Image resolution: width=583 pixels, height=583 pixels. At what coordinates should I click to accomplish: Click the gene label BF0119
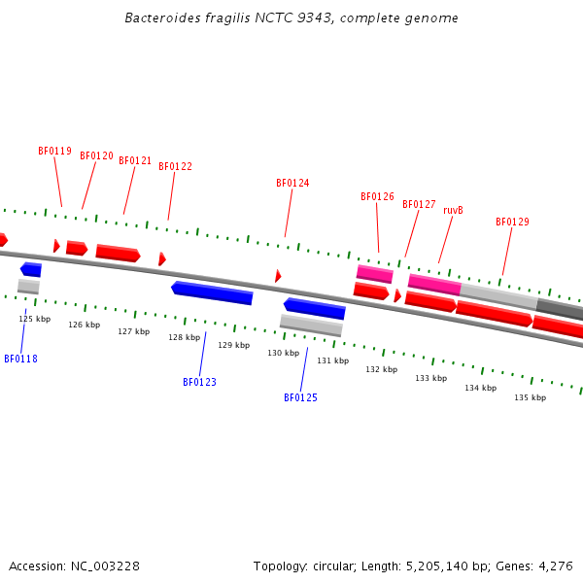54,151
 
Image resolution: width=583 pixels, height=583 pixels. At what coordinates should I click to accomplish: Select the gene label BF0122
175,166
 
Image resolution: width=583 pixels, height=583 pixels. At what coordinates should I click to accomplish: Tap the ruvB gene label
453,210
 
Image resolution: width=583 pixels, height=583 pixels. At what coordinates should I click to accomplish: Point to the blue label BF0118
20,359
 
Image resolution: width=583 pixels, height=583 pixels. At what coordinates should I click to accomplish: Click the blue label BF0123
199,382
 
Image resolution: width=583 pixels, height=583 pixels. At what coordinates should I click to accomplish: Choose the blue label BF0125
300,397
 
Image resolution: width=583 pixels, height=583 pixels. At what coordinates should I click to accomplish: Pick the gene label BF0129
512,222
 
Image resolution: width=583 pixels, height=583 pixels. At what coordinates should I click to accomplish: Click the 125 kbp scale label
34,319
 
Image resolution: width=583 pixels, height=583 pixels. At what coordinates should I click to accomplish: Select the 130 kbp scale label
283,353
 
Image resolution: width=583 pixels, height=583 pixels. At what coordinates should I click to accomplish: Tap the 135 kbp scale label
530,397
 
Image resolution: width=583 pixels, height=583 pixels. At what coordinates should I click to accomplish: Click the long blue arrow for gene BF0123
212,291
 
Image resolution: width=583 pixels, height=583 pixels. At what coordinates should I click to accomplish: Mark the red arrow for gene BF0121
118,253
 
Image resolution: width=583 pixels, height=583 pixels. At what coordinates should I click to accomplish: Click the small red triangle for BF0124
278,276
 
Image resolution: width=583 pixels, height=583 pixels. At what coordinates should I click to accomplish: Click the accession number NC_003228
103,566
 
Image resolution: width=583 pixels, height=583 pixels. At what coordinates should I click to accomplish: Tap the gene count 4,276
554,566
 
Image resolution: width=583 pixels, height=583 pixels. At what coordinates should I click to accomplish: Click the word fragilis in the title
218,18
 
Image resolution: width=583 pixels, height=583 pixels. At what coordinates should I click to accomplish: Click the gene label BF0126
377,196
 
